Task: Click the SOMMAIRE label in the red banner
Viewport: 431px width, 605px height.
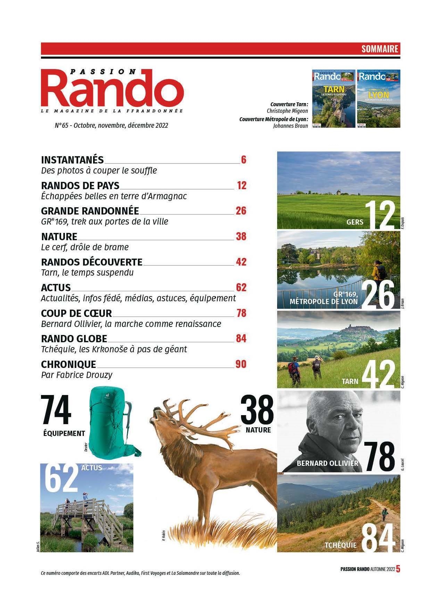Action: (x=379, y=49)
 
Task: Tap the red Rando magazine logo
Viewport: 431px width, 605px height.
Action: (x=113, y=89)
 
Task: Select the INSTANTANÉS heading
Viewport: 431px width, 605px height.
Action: (x=72, y=160)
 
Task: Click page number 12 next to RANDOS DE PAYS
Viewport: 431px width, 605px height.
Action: (x=241, y=185)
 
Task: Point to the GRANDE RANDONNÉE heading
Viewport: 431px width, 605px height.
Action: (x=90, y=211)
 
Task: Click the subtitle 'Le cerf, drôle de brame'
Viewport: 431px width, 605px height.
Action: (x=85, y=247)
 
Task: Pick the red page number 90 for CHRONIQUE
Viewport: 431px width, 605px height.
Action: (x=241, y=364)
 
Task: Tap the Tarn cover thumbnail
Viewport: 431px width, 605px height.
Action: (x=333, y=99)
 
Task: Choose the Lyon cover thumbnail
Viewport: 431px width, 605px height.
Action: (x=379, y=99)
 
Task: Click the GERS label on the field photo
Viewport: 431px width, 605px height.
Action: (x=355, y=222)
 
